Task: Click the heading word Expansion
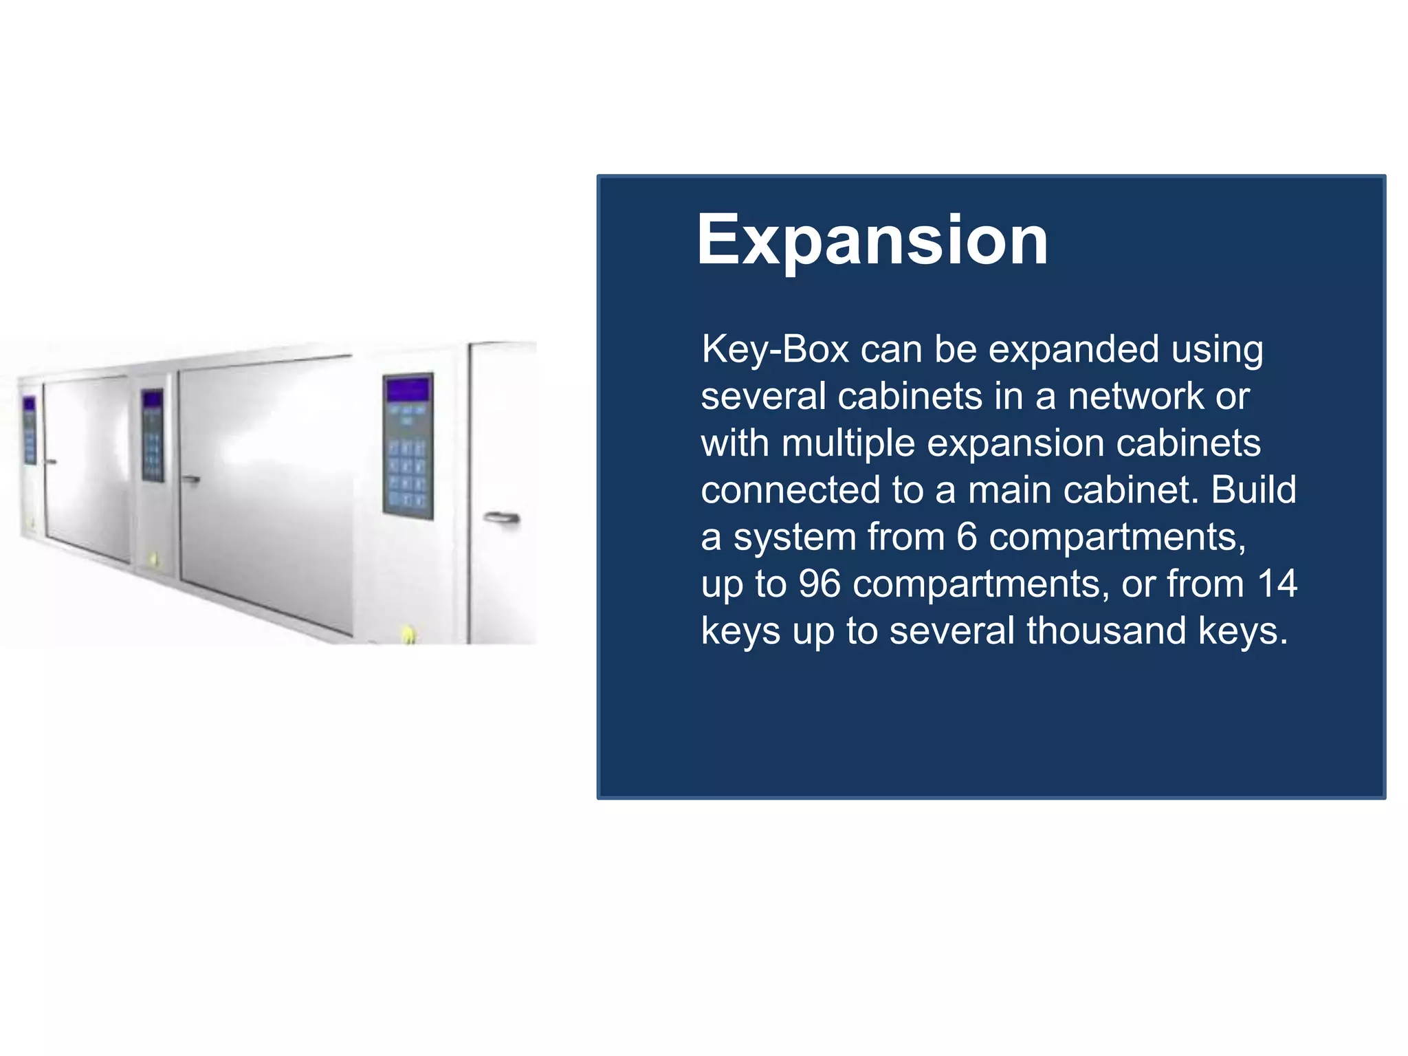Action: (x=872, y=240)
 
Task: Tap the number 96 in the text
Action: (x=819, y=584)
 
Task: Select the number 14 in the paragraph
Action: (x=1277, y=584)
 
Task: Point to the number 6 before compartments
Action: (x=966, y=537)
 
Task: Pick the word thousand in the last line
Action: (x=1106, y=630)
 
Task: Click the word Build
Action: (x=1253, y=489)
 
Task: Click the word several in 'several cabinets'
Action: (x=763, y=397)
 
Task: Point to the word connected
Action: (x=791, y=489)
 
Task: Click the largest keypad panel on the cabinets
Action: (x=408, y=447)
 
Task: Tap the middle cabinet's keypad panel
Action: (x=153, y=435)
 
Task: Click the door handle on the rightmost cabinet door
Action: (x=501, y=518)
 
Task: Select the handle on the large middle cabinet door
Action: (x=190, y=479)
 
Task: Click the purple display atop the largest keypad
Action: (x=408, y=390)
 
